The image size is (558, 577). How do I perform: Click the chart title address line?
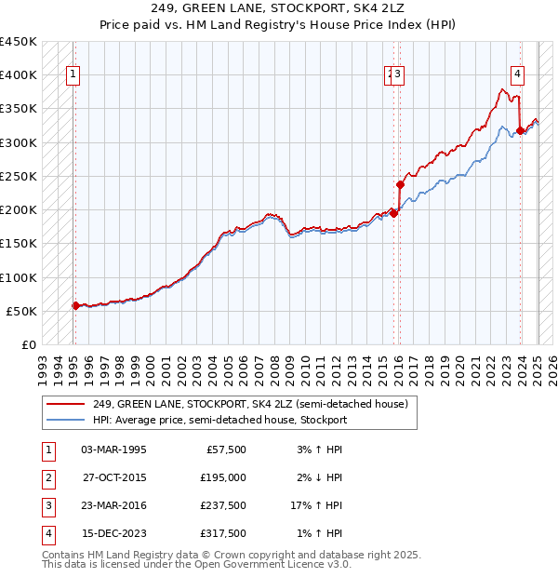[279, 9]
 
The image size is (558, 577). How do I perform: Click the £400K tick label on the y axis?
[18, 75]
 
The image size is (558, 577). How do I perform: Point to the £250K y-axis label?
[18, 176]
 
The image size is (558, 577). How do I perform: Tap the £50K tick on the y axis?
[21, 311]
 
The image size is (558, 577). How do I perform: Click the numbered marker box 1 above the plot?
[73, 76]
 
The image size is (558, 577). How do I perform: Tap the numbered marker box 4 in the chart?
[516, 76]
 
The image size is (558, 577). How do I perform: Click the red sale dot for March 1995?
[75, 305]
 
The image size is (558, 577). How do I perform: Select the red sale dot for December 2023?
[519, 131]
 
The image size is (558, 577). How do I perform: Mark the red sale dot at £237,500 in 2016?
[400, 184]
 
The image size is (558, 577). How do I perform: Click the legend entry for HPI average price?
[219, 420]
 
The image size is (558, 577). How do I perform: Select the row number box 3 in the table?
[46, 505]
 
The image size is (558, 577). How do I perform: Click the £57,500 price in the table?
[225, 450]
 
